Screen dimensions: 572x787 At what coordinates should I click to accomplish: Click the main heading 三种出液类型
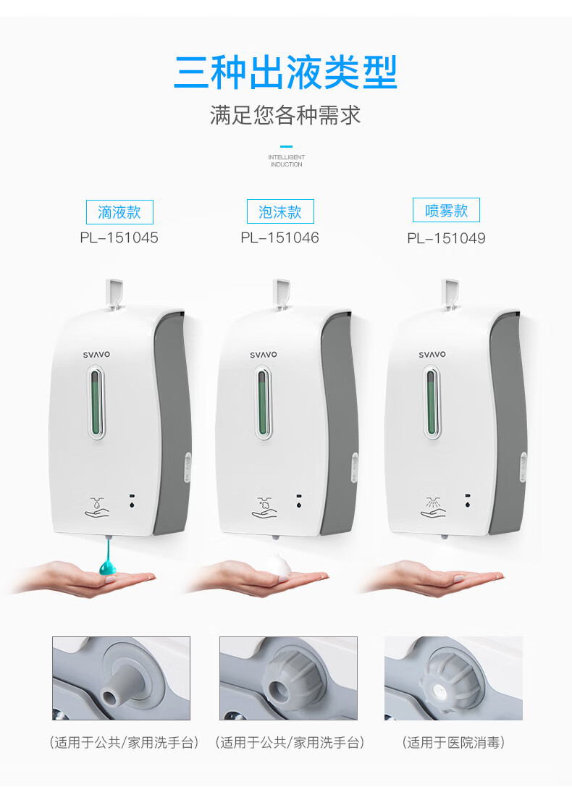(x=285, y=73)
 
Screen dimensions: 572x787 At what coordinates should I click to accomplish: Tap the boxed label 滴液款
(x=119, y=212)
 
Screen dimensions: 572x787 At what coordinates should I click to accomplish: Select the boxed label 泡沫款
(x=280, y=212)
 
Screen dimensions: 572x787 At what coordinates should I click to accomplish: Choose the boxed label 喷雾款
(x=446, y=210)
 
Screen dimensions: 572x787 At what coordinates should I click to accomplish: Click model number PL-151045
(x=119, y=237)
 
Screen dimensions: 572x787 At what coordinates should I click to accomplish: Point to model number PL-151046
(x=280, y=237)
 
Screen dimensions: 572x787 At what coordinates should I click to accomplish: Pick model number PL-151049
(x=446, y=238)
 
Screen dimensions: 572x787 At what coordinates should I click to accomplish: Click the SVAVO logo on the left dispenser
(x=96, y=354)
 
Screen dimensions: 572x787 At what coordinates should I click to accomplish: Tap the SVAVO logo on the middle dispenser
(x=264, y=354)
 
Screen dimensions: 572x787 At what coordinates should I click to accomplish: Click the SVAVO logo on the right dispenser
(x=432, y=354)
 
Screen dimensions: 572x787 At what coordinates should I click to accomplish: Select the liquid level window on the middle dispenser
(x=263, y=403)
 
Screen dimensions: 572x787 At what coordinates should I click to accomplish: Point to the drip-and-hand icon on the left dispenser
(x=97, y=507)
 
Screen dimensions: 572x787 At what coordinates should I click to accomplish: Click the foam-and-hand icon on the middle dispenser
(x=264, y=507)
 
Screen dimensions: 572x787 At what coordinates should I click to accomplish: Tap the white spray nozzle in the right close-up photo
(x=442, y=691)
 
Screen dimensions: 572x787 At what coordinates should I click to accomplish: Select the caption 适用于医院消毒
(x=453, y=742)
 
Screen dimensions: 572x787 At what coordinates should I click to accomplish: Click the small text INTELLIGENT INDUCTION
(x=286, y=161)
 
